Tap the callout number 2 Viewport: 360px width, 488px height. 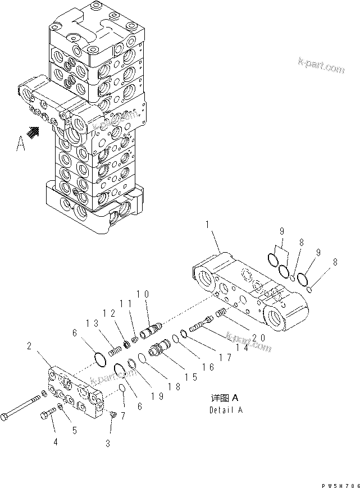[x=29, y=347]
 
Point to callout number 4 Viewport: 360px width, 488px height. [x=55, y=443]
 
